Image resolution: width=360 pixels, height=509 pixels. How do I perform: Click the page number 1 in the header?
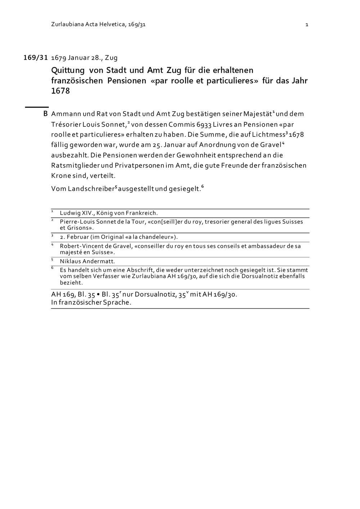point(307,25)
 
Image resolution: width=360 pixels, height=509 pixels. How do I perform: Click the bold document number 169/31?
point(36,58)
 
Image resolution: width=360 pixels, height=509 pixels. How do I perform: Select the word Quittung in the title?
point(68,70)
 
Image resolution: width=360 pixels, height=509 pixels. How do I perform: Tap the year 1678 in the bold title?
point(60,91)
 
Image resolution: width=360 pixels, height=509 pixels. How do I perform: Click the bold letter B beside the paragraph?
point(45,114)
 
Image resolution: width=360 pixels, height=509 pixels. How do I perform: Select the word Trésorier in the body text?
point(66,125)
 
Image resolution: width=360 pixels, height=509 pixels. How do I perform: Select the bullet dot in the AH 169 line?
point(98,294)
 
